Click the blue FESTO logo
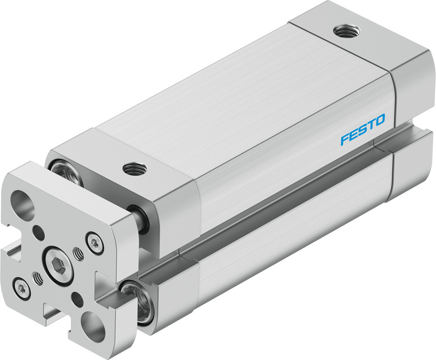[363, 129]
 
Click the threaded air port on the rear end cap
[347, 31]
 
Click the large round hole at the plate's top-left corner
[23, 202]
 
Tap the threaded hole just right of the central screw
[78, 254]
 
